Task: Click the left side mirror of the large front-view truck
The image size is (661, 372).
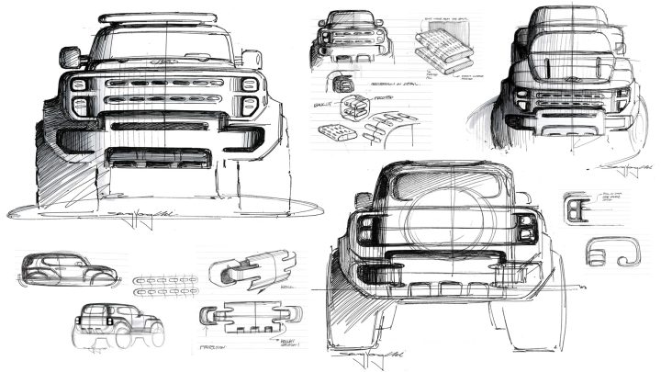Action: pyautogui.click(x=70, y=59)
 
